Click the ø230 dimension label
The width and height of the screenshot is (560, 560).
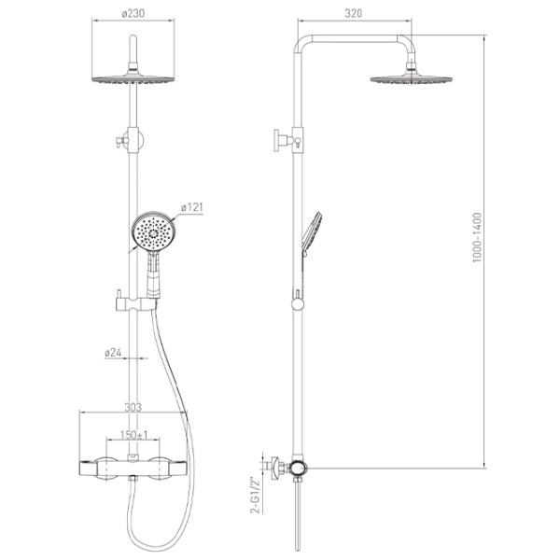pyautogui.click(x=133, y=14)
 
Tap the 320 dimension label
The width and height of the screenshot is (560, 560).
pyautogui.click(x=353, y=13)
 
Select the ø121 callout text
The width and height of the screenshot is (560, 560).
pyautogui.click(x=191, y=207)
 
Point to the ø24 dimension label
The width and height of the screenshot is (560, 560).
pyautogui.click(x=113, y=353)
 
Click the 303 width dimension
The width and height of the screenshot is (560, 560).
pyautogui.click(x=133, y=407)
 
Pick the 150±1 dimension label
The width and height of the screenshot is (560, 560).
pyautogui.click(x=133, y=435)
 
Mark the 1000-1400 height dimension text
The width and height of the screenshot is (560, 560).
pyautogui.click(x=477, y=237)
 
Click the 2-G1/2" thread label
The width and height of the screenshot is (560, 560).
pyautogui.click(x=257, y=495)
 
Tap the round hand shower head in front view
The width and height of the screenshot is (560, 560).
pyautogui.click(x=154, y=231)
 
